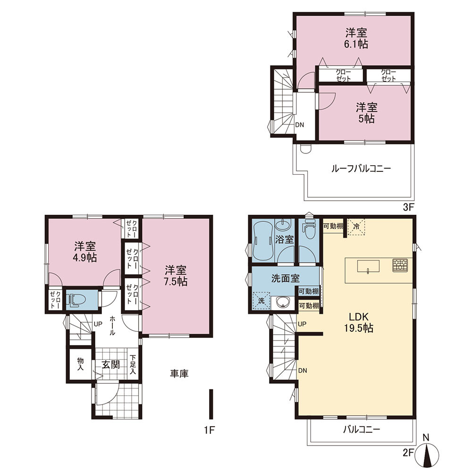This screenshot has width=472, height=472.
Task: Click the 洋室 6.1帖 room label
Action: pos(356,38)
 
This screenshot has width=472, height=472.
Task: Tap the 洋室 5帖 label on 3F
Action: pos(366,113)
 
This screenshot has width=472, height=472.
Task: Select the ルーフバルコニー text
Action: pos(361,169)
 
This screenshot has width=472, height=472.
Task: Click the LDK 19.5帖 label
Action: pos(359,322)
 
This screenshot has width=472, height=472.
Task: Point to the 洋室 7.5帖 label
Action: pos(176,276)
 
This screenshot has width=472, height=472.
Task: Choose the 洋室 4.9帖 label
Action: pos(85,252)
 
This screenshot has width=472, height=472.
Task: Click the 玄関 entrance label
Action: pos(110,364)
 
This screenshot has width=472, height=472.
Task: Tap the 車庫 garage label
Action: pos(179,373)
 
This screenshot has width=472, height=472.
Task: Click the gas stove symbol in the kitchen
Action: pos(400,265)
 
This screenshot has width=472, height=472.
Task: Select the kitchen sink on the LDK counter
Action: pos(368,267)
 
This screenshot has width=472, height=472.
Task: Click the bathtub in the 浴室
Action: pos(263,240)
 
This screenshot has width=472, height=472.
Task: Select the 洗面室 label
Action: pos(286,278)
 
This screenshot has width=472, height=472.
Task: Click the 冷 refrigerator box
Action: pos(356,226)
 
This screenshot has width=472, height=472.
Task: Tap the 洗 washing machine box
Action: pos(261,301)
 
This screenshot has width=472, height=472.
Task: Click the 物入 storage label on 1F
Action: pos(80,364)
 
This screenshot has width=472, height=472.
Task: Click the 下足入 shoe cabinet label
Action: pos(133,364)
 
